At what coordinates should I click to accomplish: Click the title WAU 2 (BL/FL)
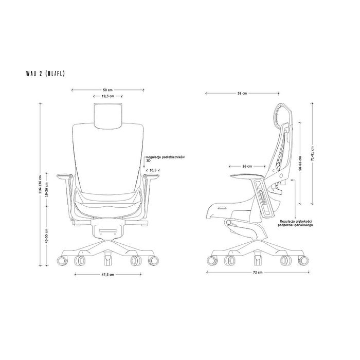point(45,74)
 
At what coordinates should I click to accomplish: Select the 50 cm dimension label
point(107,90)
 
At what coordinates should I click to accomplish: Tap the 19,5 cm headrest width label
point(108,96)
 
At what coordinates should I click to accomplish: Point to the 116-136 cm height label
point(41,184)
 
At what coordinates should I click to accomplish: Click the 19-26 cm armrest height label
point(47,190)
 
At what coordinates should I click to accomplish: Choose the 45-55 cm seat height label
point(47,236)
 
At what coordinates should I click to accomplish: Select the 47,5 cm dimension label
point(108,275)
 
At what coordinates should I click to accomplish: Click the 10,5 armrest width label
point(153,170)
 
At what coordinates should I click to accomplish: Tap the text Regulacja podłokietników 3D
point(165,159)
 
